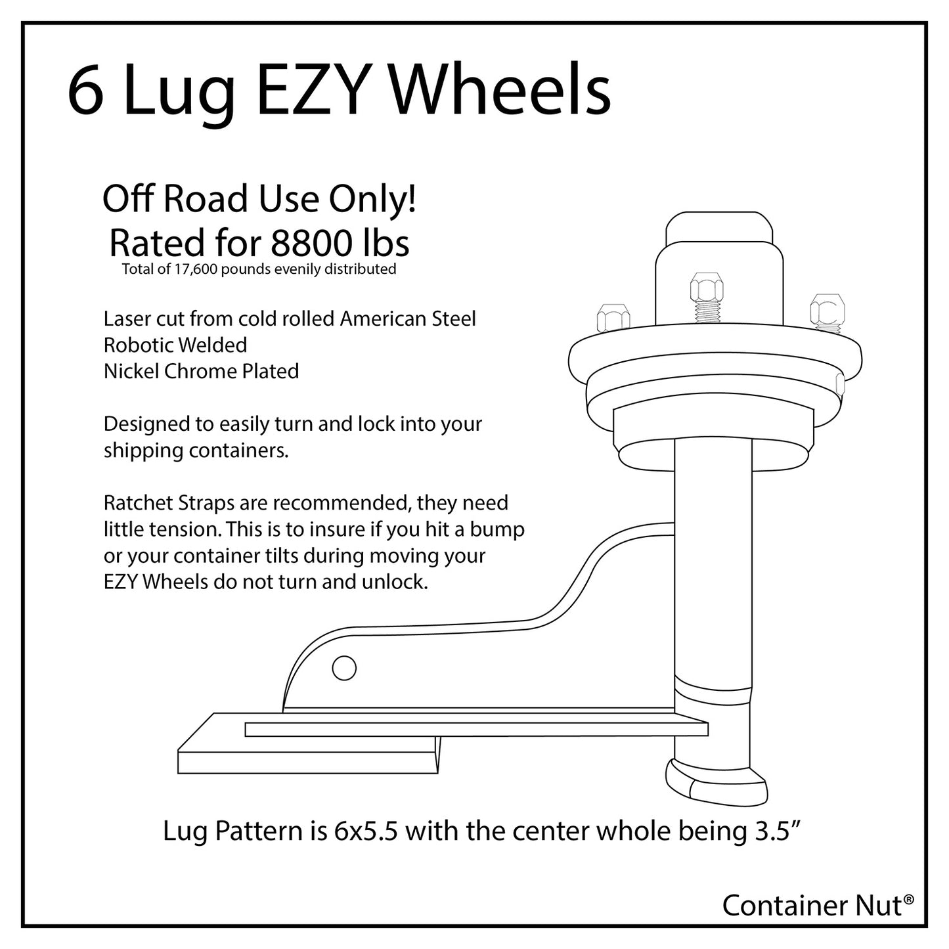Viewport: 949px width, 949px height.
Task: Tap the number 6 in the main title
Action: [86, 92]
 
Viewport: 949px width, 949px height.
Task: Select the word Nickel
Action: [131, 372]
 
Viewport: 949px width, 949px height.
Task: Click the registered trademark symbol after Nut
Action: [908, 900]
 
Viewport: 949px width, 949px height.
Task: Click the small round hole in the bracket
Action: [344, 669]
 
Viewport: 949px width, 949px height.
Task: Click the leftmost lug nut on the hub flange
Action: [613, 318]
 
